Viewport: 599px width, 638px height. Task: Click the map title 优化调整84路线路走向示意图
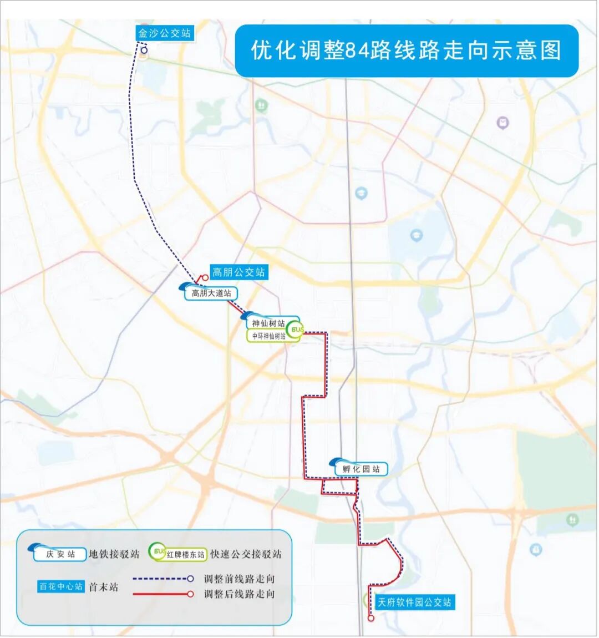coord(407,50)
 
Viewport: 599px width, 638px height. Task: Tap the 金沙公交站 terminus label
coord(164,33)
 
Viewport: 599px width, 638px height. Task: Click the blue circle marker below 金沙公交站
coord(144,50)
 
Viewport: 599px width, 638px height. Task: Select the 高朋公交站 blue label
coord(238,272)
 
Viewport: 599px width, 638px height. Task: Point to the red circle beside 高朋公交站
coord(205,278)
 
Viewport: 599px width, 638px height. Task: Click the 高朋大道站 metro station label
coord(211,293)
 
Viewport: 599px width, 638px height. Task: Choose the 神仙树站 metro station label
coord(268,323)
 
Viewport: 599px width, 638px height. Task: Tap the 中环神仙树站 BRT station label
coord(269,336)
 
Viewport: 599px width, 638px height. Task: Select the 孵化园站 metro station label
coord(361,469)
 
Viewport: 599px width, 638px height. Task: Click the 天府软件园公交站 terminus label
coord(414,602)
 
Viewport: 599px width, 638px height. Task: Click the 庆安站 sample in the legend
coord(60,554)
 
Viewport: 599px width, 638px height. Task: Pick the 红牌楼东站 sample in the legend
coord(185,554)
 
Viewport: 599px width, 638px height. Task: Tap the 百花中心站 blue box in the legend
coord(61,586)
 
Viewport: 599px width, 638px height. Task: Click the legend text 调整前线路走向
coord(239,579)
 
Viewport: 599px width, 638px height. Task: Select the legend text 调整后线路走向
coord(239,594)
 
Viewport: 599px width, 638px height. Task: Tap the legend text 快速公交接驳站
coord(246,554)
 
